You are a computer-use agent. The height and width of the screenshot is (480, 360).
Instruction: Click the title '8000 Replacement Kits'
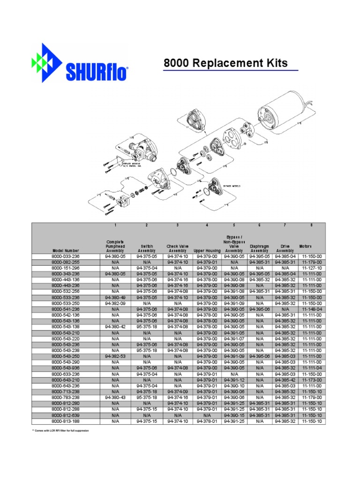(225, 64)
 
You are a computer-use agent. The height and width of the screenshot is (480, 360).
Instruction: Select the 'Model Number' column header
(66, 251)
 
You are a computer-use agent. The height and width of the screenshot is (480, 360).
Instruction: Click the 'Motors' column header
(311, 247)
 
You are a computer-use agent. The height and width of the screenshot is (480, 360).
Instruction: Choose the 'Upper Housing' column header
(207, 251)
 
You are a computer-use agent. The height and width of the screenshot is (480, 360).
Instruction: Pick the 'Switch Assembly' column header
(147, 248)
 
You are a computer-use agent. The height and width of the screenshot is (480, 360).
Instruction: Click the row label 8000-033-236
(66, 257)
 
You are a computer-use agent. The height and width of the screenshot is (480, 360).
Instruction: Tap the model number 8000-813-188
(66, 421)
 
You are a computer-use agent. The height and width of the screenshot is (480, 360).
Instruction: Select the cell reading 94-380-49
(115, 298)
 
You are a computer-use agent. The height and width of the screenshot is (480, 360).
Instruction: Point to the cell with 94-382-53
(115, 356)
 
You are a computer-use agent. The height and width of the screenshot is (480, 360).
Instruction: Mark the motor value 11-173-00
(311, 380)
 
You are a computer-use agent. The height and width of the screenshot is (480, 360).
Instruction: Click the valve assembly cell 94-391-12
(234, 380)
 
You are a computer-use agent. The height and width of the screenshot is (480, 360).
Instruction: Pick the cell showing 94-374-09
(177, 392)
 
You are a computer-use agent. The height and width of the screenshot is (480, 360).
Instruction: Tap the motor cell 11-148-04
(311, 309)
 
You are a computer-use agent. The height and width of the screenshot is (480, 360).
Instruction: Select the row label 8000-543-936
(66, 368)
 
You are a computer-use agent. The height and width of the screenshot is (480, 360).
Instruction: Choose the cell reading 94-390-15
(234, 415)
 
